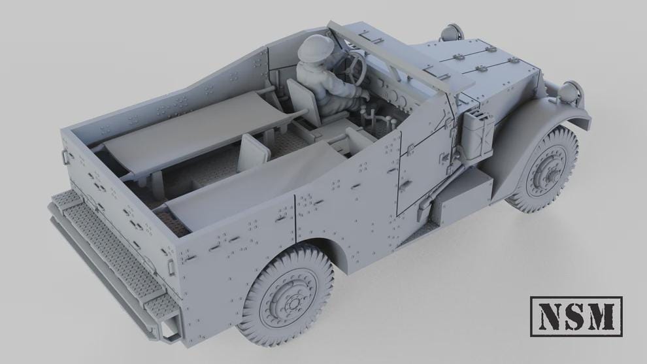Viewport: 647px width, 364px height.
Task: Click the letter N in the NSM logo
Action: click(x=550, y=316)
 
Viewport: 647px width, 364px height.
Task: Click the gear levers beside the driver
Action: click(x=377, y=121)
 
